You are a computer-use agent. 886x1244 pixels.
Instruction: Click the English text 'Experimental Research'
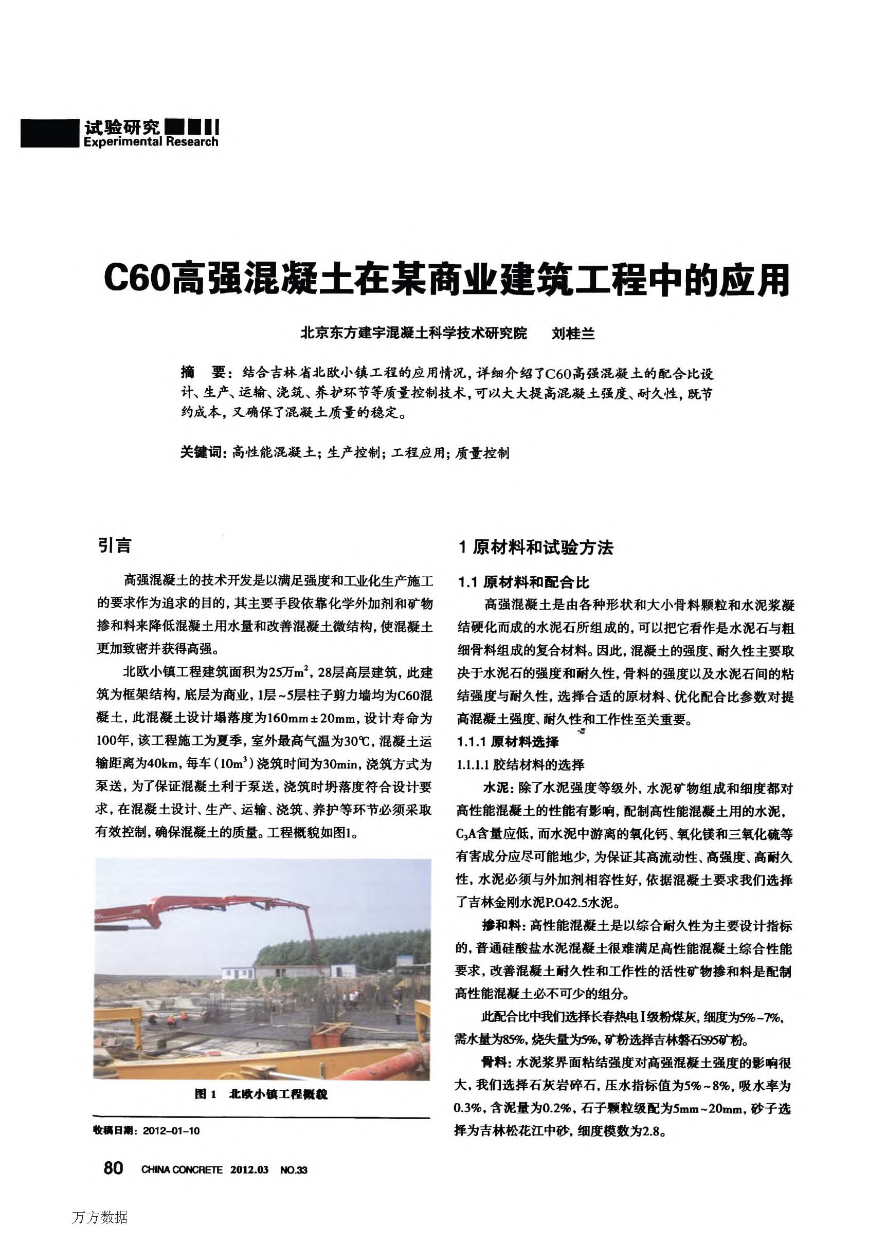(151, 142)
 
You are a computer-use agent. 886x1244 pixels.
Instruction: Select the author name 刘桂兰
(573, 333)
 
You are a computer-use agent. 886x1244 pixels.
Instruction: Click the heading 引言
(115, 545)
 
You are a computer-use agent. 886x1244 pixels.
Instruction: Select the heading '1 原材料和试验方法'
(536, 547)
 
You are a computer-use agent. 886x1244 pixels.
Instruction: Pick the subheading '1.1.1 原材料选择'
(508, 741)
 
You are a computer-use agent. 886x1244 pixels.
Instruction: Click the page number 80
(113, 1167)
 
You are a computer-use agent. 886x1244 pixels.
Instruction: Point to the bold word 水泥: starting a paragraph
(495, 788)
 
